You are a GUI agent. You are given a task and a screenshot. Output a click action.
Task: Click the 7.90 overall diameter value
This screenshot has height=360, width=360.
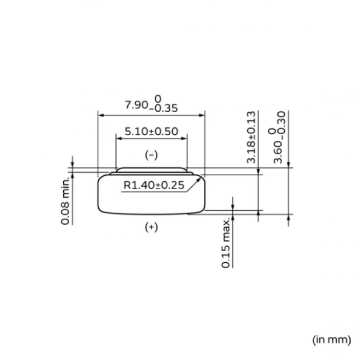point(136,105)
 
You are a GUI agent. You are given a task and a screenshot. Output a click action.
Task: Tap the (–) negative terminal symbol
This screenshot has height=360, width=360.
point(151,155)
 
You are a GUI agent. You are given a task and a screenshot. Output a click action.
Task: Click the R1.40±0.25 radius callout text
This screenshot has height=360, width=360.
point(153,186)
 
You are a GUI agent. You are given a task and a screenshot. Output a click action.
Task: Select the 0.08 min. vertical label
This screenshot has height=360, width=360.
point(65,201)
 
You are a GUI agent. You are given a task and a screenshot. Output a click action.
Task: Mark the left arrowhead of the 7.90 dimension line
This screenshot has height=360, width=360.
point(101,115)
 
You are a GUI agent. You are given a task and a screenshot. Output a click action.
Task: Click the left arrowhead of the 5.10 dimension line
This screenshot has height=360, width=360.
point(119,138)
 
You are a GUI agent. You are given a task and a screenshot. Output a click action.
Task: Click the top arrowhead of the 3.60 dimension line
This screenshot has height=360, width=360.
point(289,165)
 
